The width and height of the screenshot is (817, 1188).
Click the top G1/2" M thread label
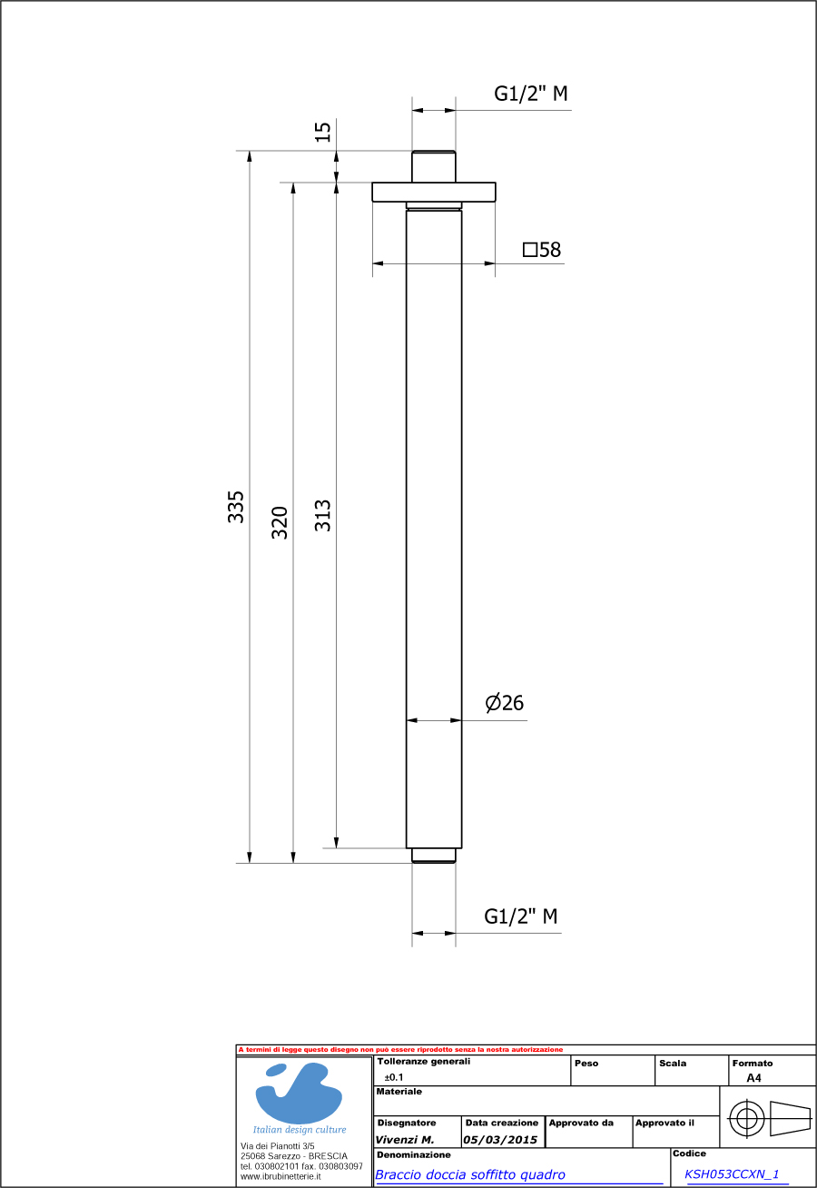(x=531, y=94)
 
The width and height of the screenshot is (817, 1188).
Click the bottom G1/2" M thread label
(x=521, y=916)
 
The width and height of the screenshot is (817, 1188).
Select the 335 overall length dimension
(x=236, y=506)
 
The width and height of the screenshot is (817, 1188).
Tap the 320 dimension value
(x=281, y=522)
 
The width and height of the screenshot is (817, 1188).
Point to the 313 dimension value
(x=323, y=515)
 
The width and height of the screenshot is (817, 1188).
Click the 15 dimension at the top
(x=323, y=132)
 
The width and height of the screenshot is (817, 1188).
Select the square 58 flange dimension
(x=542, y=250)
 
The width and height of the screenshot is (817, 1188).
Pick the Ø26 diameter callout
(x=505, y=703)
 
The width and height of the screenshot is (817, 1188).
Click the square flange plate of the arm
(x=434, y=192)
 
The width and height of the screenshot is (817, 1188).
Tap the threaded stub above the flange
(x=434, y=166)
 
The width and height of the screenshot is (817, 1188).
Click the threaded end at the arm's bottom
(x=434, y=855)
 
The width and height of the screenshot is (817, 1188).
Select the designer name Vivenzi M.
(x=405, y=1139)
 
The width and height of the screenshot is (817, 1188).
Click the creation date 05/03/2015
(x=500, y=1139)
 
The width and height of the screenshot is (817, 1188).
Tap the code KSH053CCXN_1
(x=732, y=1173)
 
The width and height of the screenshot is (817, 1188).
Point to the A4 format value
(x=753, y=1078)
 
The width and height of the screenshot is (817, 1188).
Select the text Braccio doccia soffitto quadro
(x=470, y=1174)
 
